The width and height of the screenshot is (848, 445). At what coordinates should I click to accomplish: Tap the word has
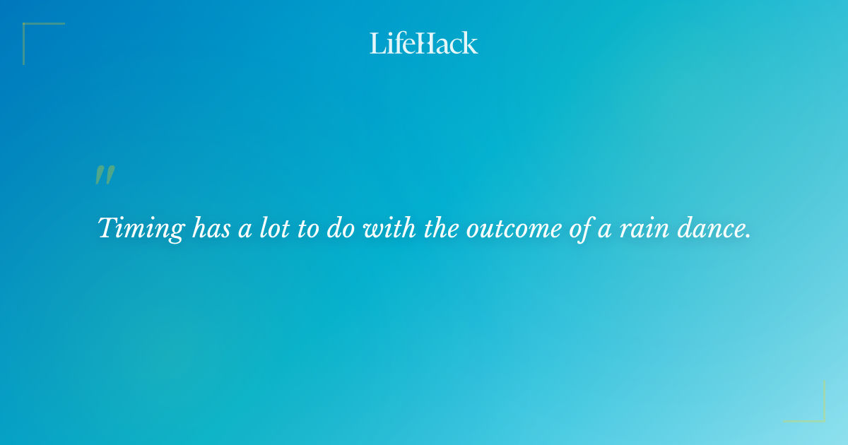point(212,228)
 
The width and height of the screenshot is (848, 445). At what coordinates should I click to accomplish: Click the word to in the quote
point(306,229)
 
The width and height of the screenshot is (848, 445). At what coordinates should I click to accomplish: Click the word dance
point(709,229)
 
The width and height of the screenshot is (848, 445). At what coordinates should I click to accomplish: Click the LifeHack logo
point(424,43)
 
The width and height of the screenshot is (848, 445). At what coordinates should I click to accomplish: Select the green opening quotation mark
point(105,175)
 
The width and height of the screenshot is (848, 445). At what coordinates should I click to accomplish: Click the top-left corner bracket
point(32,32)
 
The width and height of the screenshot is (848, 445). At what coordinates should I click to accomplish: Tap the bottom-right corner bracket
point(816,413)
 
